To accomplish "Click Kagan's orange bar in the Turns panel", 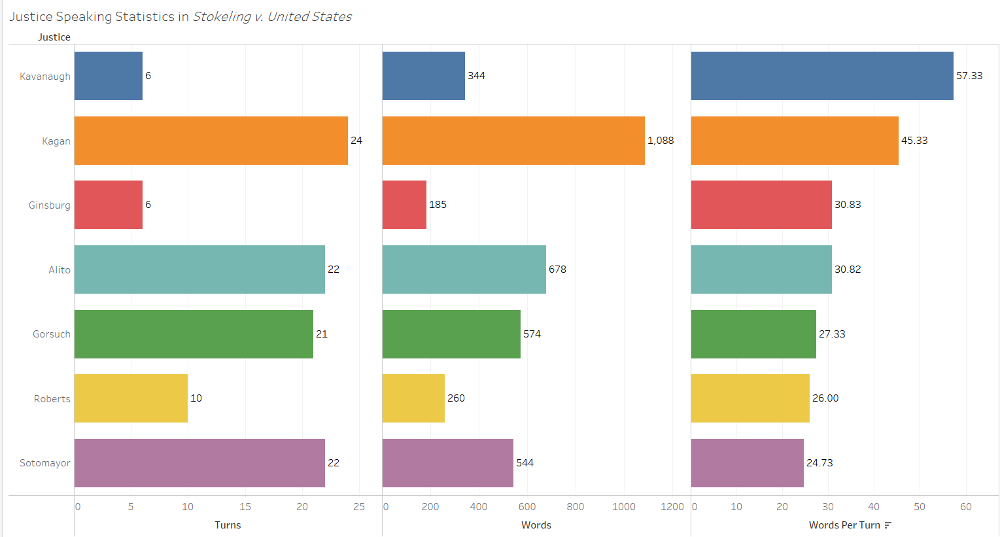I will pyautogui.click(x=211, y=141).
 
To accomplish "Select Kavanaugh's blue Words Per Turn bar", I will pyautogui.click(x=822, y=76).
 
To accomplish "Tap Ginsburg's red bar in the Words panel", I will pyautogui.click(x=404, y=205).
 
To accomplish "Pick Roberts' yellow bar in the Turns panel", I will pyautogui.click(x=131, y=398).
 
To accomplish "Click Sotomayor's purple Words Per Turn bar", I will pyautogui.click(x=747, y=463).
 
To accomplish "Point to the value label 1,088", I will pyautogui.click(x=661, y=141).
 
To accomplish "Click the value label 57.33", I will pyautogui.click(x=969, y=76).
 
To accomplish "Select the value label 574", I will pyautogui.click(x=532, y=334).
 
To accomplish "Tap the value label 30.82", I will pyautogui.click(x=848, y=269).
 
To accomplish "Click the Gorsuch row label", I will pyautogui.click(x=52, y=334).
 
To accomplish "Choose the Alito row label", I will pyautogui.click(x=60, y=270).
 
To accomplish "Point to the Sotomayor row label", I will pyautogui.click(x=45, y=463).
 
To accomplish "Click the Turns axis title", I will pyautogui.click(x=228, y=525).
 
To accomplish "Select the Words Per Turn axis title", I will pyautogui.click(x=844, y=525).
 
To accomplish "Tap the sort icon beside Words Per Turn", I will pyautogui.click(x=888, y=525).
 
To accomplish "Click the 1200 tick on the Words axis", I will pyautogui.click(x=672, y=507).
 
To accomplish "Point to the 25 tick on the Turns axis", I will pyautogui.click(x=359, y=507).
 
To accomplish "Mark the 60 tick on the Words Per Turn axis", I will pyautogui.click(x=966, y=507).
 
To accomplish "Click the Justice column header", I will pyautogui.click(x=54, y=37).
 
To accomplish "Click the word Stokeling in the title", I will pyautogui.click(x=222, y=17).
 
